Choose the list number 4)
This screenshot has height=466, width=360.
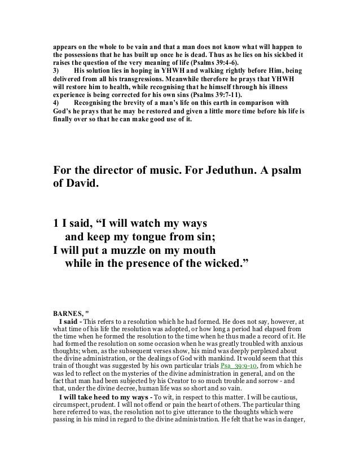pos(56,104)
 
